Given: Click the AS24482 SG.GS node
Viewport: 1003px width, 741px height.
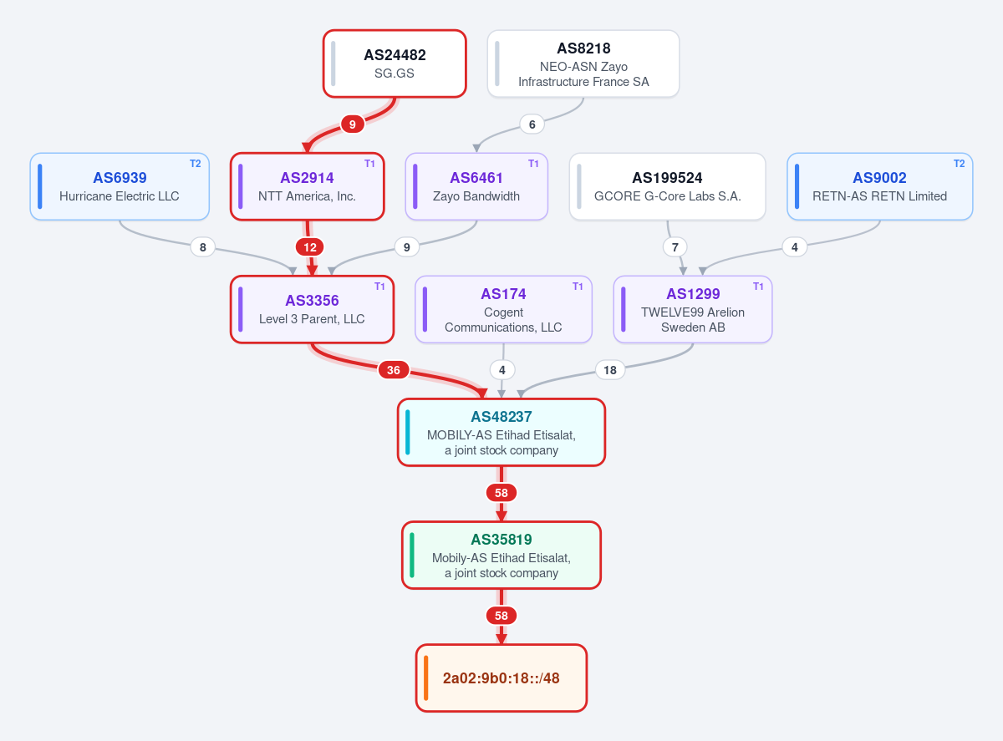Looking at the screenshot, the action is (395, 63).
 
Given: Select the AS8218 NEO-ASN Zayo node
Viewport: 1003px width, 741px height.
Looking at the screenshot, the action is (583, 63).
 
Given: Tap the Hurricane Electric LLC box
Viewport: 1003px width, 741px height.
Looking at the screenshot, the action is (120, 187).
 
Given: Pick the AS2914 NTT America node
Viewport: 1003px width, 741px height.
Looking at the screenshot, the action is (307, 187).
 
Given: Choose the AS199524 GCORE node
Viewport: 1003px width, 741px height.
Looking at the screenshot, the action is (668, 187).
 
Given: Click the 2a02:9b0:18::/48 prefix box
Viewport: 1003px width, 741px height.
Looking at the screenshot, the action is (501, 678).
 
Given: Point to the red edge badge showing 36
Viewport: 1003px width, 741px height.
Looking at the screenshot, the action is (394, 370).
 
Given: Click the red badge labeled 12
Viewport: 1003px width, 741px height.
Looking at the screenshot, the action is (310, 247).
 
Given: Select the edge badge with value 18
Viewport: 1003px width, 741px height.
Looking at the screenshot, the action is (610, 370).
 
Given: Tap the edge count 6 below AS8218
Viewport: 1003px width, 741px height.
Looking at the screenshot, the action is (532, 124).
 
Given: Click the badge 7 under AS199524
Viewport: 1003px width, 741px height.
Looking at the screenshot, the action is (675, 247).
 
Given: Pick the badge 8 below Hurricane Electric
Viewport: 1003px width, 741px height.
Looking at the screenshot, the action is (202, 247).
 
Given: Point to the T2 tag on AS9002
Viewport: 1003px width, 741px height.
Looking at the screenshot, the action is (960, 164).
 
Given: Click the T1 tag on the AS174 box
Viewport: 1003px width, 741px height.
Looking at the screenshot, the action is (578, 287).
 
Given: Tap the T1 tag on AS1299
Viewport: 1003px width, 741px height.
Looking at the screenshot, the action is (758, 287).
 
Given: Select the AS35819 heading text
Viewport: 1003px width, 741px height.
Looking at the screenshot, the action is (501, 540).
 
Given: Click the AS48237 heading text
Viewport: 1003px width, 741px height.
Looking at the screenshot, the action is (501, 416).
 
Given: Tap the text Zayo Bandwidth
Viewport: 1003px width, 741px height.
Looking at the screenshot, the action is (476, 196).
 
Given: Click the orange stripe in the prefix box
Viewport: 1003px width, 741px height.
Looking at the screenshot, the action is (425, 678).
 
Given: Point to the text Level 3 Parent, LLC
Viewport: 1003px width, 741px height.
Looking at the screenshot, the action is (312, 319).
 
